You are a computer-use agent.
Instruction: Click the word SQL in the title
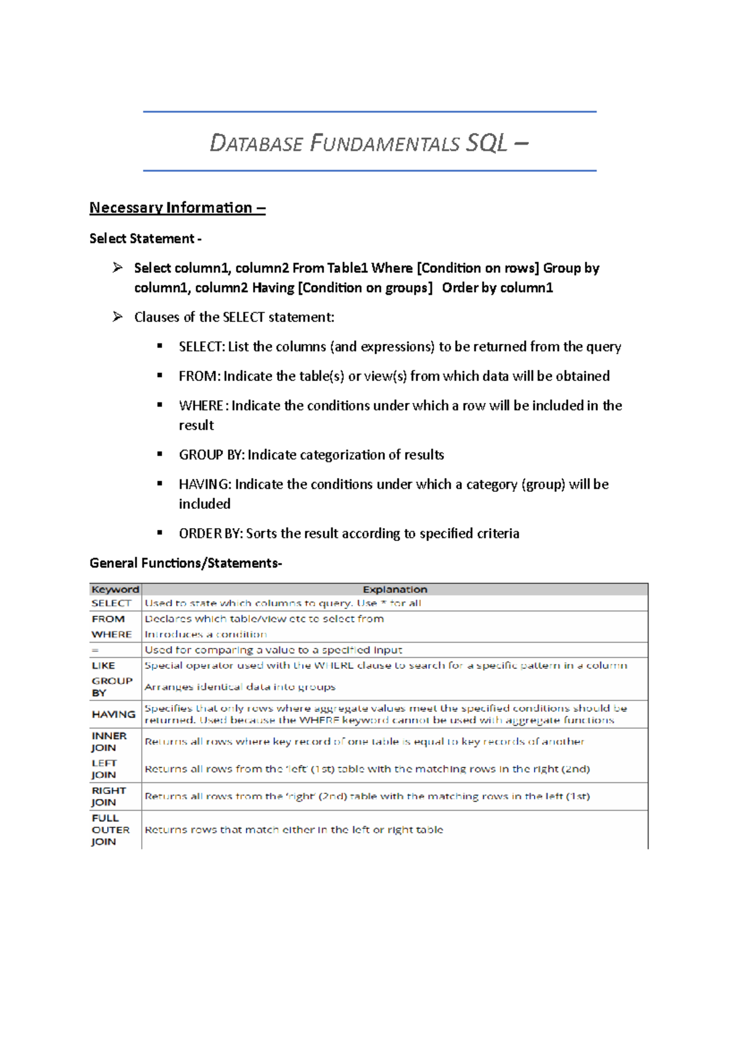click(x=487, y=143)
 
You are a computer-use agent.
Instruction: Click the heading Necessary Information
click(x=177, y=208)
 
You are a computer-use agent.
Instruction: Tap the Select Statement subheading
click(x=145, y=239)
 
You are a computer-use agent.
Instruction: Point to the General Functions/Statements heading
click(x=185, y=563)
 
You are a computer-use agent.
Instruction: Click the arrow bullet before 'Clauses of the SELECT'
click(x=118, y=317)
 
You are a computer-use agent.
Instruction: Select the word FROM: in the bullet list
click(x=199, y=376)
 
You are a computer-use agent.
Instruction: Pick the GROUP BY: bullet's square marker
click(x=160, y=454)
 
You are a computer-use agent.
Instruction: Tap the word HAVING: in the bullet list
click(x=205, y=484)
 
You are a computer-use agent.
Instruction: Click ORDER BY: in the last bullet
click(x=211, y=534)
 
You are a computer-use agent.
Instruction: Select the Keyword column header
click(x=115, y=590)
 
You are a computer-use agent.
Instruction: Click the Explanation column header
click(x=395, y=590)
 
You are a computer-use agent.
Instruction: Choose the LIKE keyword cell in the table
click(x=103, y=665)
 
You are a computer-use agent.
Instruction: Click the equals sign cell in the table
click(x=95, y=650)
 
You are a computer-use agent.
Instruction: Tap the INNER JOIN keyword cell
click(x=109, y=742)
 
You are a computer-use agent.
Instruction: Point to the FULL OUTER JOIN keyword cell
click(x=110, y=830)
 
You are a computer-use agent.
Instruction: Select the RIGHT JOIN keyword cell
click(x=108, y=796)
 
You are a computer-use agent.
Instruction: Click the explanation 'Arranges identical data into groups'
click(x=240, y=687)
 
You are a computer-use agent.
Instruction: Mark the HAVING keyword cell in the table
click(x=113, y=715)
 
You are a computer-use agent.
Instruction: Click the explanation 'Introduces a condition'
click(x=206, y=635)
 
